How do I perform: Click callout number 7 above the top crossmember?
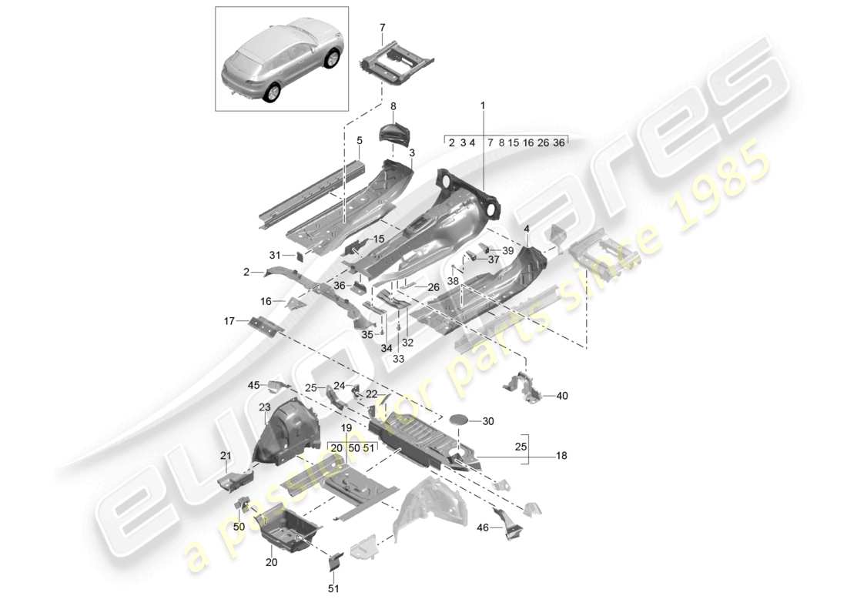pos(383,28)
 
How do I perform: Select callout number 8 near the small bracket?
pos(393,106)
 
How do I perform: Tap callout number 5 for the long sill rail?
pos(359,141)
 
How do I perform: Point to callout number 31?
pos(275,256)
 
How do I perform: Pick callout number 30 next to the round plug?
pos(487,421)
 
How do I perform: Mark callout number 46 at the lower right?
pos(483,528)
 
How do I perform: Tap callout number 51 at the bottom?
pos(334,591)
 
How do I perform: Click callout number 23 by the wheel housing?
pos(264,407)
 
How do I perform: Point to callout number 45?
pos(253,385)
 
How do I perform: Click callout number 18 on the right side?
pos(561,457)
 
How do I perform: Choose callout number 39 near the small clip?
pos(507,251)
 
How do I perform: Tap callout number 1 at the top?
pos(483,105)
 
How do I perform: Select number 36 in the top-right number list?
pos(559,142)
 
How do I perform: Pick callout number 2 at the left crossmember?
pos(246,272)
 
